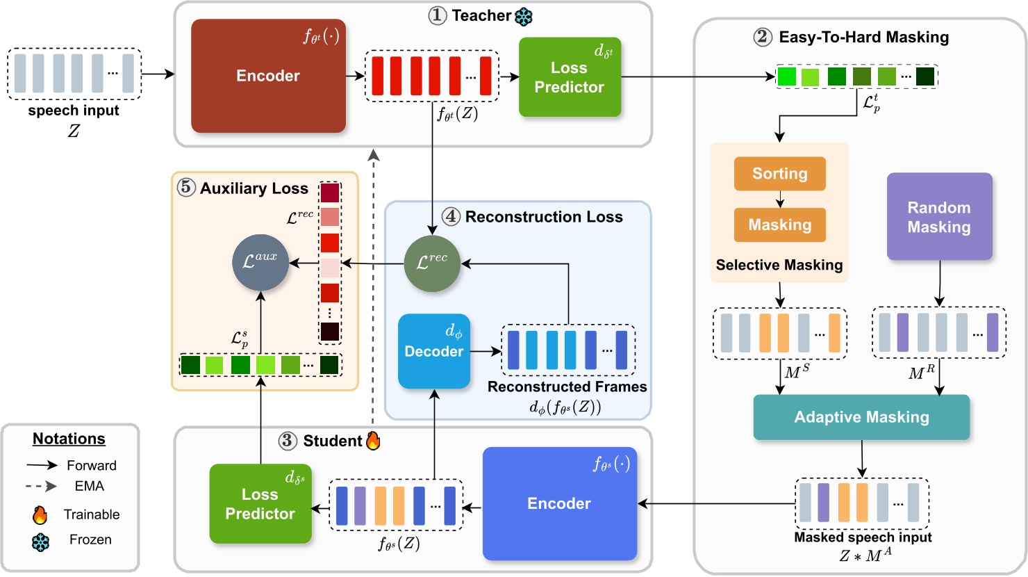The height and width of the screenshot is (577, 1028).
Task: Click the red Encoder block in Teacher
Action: point(268,76)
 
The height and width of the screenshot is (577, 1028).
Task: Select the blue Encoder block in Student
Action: point(559,503)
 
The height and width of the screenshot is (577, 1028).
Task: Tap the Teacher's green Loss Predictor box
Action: point(570,77)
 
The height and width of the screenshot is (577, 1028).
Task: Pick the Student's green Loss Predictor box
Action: point(260,504)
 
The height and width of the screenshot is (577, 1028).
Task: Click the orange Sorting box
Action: point(779,174)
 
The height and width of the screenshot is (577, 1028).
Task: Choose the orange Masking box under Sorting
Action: point(779,225)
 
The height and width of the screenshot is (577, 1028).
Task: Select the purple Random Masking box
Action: point(939,217)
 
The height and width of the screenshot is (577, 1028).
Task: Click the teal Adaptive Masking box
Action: point(861,417)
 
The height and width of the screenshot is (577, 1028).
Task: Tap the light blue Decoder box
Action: point(434,351)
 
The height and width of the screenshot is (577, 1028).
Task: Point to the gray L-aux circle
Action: point(260,262)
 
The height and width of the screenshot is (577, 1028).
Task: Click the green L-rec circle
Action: point(432,263)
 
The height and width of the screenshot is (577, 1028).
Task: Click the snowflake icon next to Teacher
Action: point(523,16)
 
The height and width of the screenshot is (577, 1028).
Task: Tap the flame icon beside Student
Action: point(373,441)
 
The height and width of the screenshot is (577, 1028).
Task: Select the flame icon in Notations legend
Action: point(40,515)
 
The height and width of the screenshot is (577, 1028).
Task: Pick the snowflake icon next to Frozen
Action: point(40,542)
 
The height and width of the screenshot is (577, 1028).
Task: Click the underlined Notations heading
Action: point(69,439)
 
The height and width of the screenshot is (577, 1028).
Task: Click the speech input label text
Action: point(74,111)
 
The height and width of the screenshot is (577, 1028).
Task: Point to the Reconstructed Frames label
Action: point(567,387)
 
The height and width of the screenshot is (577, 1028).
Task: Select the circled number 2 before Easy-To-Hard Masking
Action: point(763,37)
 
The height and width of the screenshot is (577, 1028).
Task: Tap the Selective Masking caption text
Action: point(779,265)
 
